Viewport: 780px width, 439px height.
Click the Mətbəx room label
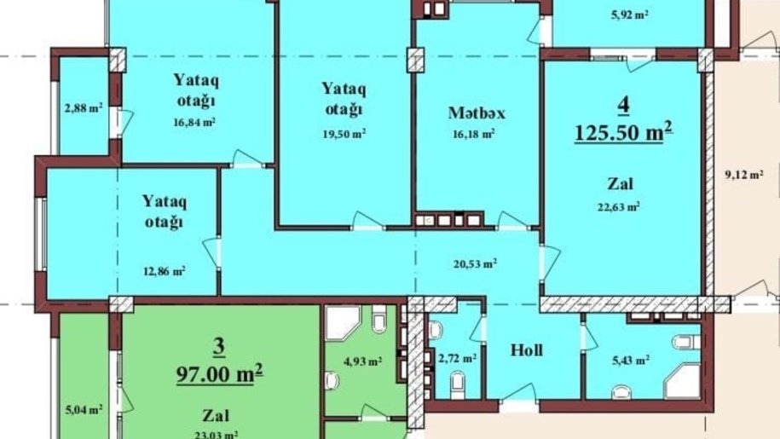point(477,113)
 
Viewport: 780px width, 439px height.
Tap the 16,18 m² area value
point(473,134)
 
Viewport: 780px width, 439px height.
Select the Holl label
point(527,350)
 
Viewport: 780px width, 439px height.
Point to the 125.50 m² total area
point(623,132)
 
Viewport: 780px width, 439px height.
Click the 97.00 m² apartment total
point(219,373)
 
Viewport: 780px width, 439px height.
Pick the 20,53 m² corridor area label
point(475,263)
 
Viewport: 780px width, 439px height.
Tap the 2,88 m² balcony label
point(84,107)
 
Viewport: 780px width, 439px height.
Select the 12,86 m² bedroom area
point(165,271)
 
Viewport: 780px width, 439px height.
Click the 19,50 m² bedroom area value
point(344,134)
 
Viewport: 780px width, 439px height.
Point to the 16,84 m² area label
point(194,122)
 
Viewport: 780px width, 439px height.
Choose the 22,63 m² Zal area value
point(618,205)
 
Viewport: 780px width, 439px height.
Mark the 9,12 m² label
point(744,175)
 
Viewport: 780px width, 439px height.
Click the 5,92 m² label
point(629,14)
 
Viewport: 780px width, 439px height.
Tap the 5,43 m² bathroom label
point(630,360)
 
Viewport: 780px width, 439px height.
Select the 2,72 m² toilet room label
point(457,358)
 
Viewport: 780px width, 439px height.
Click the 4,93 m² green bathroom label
point(362,361)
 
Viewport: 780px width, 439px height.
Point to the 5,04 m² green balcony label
point(84,410)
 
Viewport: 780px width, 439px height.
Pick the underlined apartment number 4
point(623,105)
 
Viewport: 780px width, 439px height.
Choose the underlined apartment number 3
point(219,348)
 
